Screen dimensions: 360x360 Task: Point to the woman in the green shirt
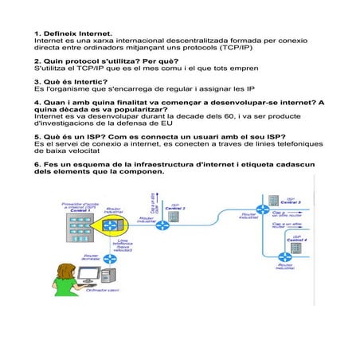click(66, 280)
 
